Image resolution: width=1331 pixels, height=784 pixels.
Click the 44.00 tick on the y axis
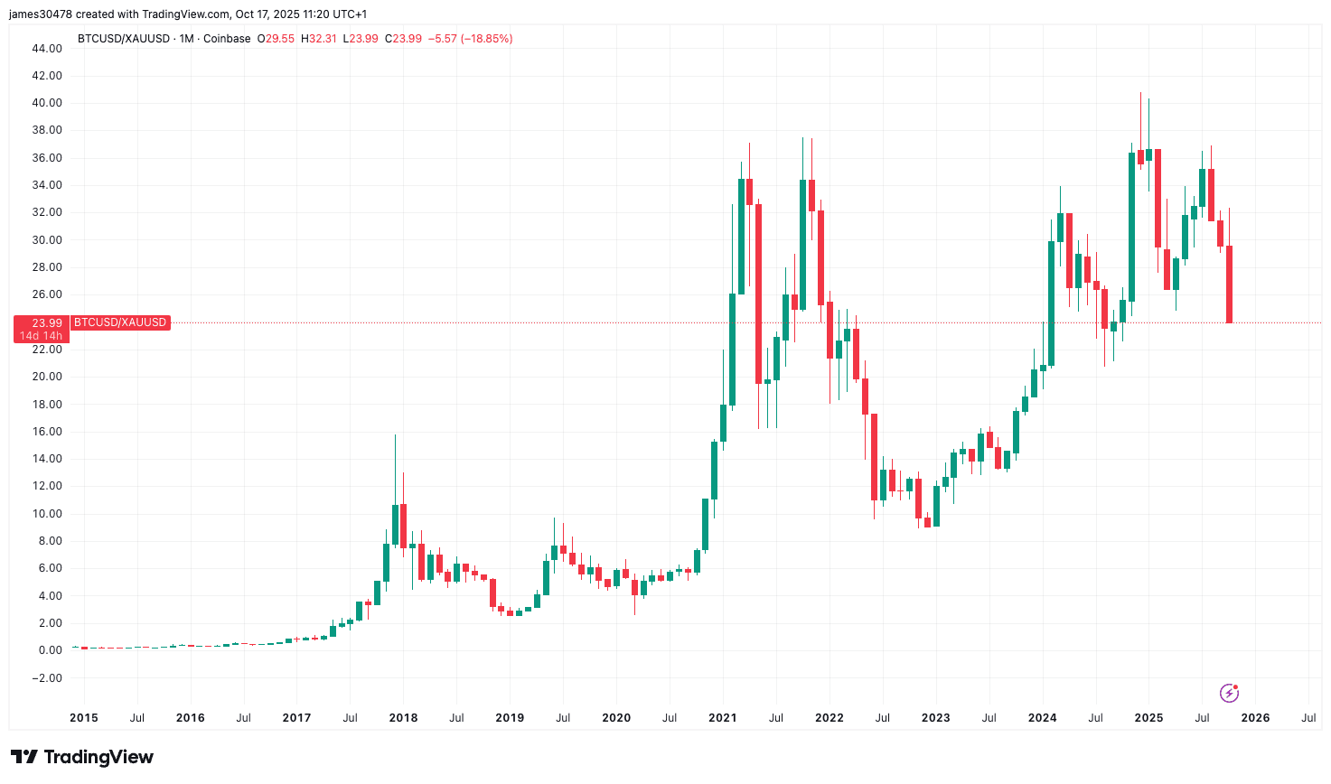[x=48, y=48]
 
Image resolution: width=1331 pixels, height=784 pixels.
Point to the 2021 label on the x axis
[x=722, y=718]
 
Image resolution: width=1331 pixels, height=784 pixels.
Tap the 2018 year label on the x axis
[x=403, y=718]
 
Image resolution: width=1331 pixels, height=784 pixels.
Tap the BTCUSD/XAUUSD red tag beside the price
[x=120, y=322]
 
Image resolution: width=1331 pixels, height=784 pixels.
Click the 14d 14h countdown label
[x=42, y=336]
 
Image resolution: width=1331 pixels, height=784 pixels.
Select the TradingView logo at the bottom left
[x=82, y=757]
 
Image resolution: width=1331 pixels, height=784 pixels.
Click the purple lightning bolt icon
[x=1229, y=693]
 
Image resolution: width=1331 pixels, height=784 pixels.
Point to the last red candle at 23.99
[x=1230, y=285]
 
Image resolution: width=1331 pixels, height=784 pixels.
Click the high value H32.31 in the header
[x=318, y=39]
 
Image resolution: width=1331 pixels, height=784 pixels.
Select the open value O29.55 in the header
[x=276, y=39]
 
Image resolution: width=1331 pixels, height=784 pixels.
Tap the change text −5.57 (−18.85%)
[x=470, y=39]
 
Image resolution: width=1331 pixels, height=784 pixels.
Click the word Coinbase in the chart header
[x=227, y=39]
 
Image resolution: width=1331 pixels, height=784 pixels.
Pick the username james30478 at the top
[x=41, y=14]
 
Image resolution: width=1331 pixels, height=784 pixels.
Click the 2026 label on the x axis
[x=1255, y=718]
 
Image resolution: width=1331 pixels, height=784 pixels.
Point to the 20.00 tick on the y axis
[x=48, y=377]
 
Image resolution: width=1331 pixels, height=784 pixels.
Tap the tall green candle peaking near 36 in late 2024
[x=1131, y=226]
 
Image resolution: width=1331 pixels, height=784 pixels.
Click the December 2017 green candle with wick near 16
[x=395, y=524]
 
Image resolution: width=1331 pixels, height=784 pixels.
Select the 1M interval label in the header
[x=186, y=39]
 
